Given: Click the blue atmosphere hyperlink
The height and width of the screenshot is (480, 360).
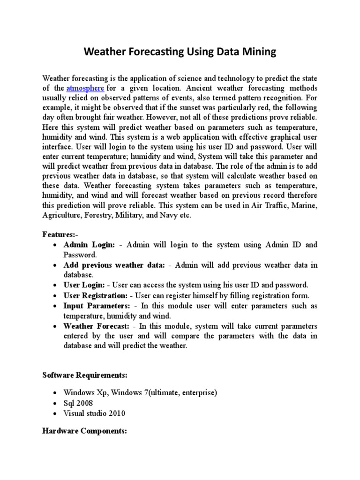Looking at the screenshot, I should coord(85,88).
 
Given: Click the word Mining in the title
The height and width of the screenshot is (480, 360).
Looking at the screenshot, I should coord(258,52).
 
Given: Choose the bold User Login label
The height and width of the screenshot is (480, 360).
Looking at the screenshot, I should coord(85,285).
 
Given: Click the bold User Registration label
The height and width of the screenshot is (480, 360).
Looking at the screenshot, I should coord(96,295).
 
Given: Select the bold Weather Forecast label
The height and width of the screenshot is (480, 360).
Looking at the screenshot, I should coord(95,326).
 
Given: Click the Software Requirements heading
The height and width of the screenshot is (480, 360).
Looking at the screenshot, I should coord(84,375).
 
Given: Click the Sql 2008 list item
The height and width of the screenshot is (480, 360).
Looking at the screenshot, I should coord(78,403).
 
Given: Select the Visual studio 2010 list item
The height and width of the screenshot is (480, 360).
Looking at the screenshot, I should coord(94,413).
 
